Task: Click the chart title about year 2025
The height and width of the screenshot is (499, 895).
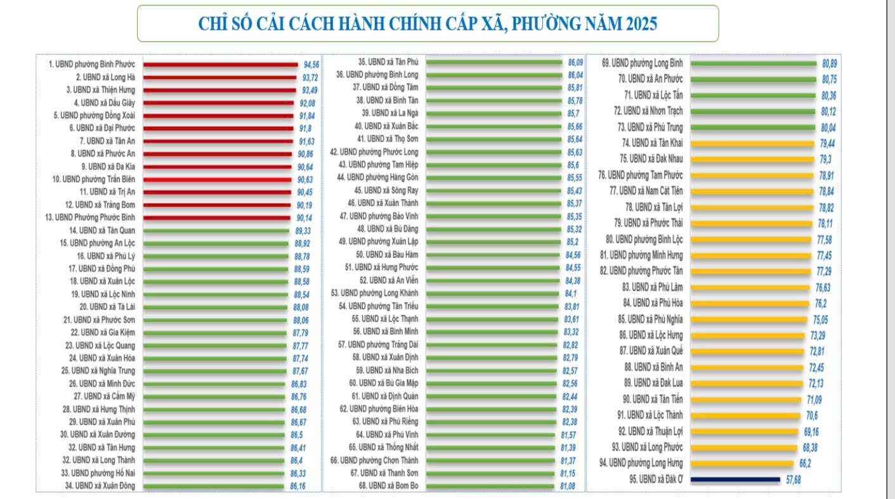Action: tap(428, 24)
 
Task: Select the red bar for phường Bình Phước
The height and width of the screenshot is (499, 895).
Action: tap(220, 64)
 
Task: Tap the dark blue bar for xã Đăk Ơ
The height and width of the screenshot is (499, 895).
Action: tap(735, 479)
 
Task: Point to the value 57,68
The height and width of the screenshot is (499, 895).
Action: tap(793, 480)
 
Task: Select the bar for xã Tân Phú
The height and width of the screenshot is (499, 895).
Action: tap(494, 62)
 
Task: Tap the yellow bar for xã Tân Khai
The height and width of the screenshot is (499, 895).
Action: tap(752, 143)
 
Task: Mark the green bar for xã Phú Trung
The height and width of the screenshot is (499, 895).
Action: tap(752, 127)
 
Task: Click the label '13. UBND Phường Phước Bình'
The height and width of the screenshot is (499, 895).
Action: tap(96, 217)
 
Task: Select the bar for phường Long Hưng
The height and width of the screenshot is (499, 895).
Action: tap(741, 463)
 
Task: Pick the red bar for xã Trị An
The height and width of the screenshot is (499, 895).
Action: tap(213, 191)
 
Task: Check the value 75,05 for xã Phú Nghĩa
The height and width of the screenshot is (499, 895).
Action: tap(820, 320)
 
